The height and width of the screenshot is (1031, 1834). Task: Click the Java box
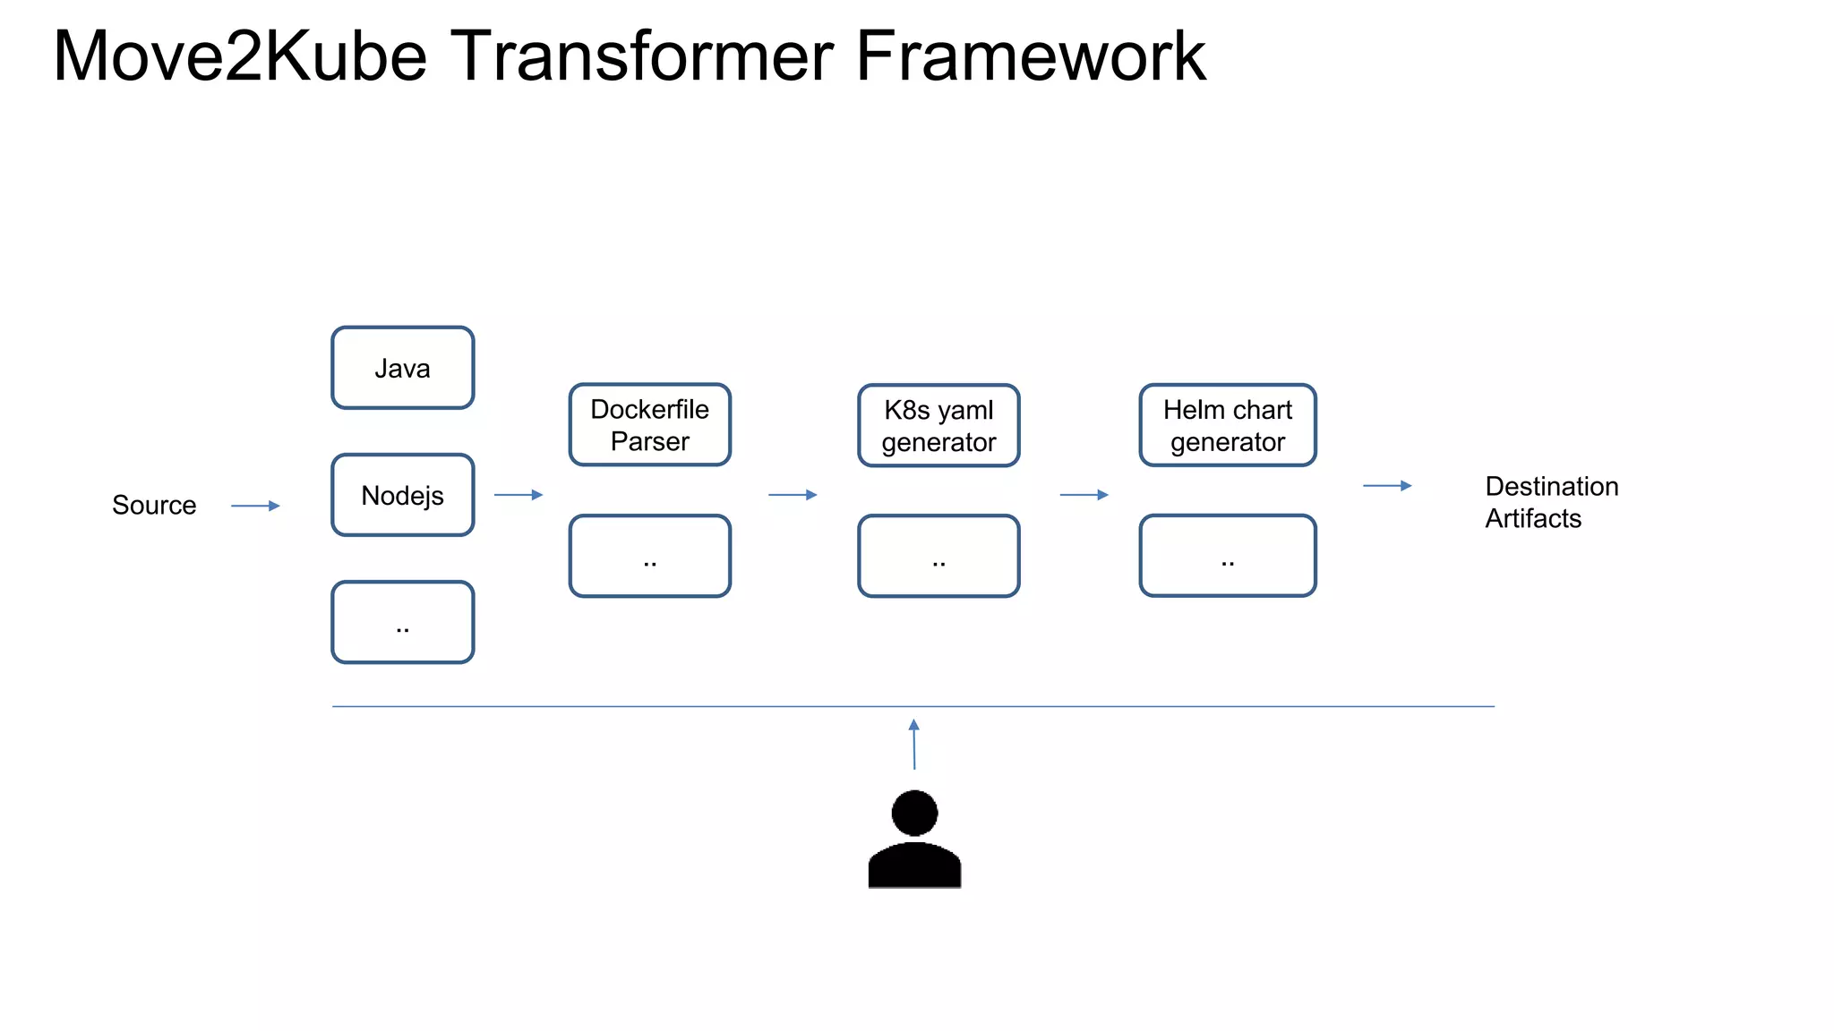[x=402, y=368]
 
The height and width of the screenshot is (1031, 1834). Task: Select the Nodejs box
[x=402, y=495]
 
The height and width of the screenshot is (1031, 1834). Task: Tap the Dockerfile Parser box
[x=649, y=425]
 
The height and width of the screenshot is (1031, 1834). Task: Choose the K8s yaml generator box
[x=938, y=426]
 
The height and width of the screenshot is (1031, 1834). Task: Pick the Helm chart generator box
[x=1227, y=425]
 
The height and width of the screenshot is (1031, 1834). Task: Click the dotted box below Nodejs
[x=402, y=622]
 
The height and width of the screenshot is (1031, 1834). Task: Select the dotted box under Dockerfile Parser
[x=649, y=556]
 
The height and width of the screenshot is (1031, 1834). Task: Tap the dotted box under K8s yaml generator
[x=938, y=556]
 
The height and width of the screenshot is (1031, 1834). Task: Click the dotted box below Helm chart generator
[x=1227, y=555]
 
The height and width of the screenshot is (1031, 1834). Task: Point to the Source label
[x=154, y=506]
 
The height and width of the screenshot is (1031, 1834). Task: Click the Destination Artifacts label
[x=1550, y=502]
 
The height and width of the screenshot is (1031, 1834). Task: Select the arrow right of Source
[x=255, y=506]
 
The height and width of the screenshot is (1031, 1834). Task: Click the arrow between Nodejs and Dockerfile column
[x=518, y=495]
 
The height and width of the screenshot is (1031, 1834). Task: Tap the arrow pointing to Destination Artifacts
[x=1387, y=486]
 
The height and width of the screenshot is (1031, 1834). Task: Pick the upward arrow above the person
[x=913, y=744]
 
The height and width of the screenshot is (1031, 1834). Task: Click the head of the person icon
[x=914, y=813]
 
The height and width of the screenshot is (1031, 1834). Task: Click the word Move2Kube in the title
[x=240, y=56]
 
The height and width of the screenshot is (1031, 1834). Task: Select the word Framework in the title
[x=1030, y=56]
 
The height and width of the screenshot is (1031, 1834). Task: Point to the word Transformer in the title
[x=641, y=56]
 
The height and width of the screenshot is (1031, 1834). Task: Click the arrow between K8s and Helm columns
[x=1084, y=495]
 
